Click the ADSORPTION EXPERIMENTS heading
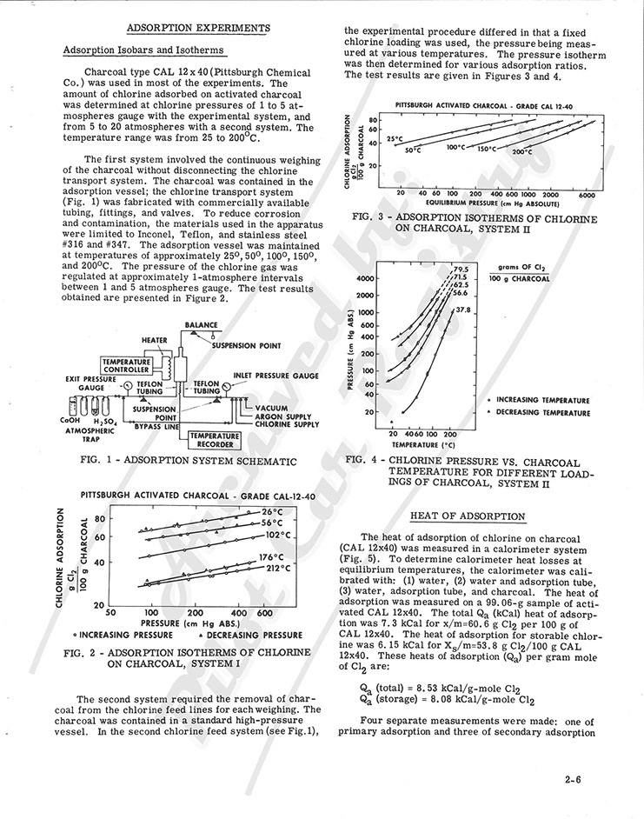198,28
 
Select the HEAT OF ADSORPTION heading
467,516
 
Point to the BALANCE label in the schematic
202,325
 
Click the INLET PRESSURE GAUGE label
277,376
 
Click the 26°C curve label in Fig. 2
272,512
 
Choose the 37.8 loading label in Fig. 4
463,310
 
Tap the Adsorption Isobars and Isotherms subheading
143,50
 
